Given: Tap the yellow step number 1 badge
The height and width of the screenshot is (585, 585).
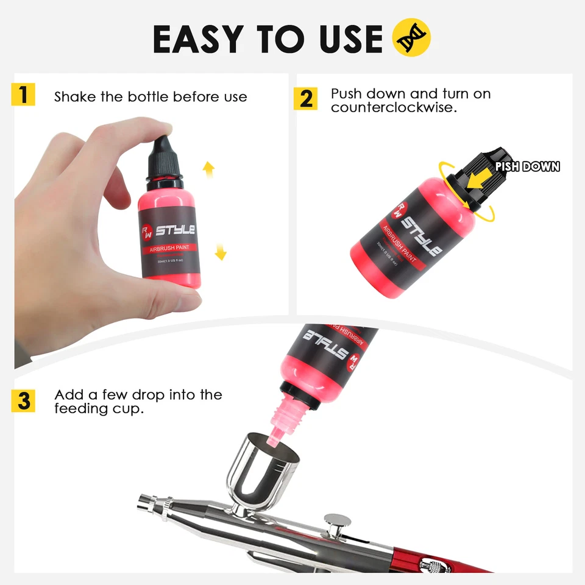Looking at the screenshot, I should [23, 96].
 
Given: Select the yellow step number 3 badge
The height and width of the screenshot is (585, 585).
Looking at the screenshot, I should [23, 401].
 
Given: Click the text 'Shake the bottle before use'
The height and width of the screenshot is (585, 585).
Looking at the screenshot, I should [151, 97].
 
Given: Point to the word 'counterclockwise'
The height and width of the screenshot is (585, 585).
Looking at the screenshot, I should [394, 107].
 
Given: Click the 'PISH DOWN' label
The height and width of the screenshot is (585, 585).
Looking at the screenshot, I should [527, 166].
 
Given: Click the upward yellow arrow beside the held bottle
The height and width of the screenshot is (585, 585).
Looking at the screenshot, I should [208, 169].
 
